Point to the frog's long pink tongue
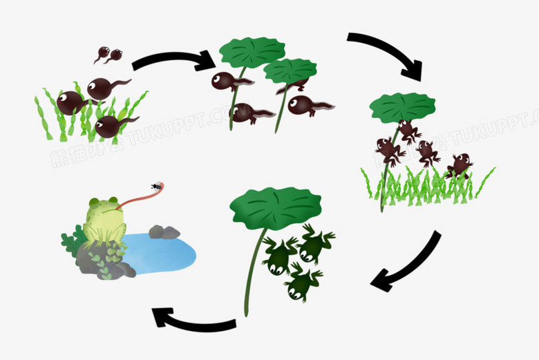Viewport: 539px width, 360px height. (142, 199)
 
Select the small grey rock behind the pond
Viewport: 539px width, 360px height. (164, 232)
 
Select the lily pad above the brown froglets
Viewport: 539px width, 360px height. (402, 106)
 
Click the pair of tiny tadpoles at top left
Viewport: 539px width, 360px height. (108, 54)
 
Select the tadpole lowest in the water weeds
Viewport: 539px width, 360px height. (111, 126)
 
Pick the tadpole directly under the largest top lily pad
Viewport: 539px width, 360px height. (228, 81)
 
